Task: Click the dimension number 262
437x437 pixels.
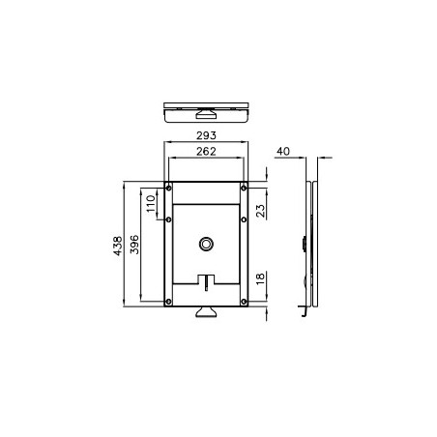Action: pos(207,152)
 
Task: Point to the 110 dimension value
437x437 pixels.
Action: pos(151,204)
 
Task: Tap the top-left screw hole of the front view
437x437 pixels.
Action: pos(169,187)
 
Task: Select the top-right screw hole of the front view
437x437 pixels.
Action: pos(246,187)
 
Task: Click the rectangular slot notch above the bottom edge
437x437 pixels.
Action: pos(207,282)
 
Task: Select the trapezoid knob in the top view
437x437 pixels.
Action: pos(207,105)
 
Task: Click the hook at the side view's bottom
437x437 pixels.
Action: pos(305,309)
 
